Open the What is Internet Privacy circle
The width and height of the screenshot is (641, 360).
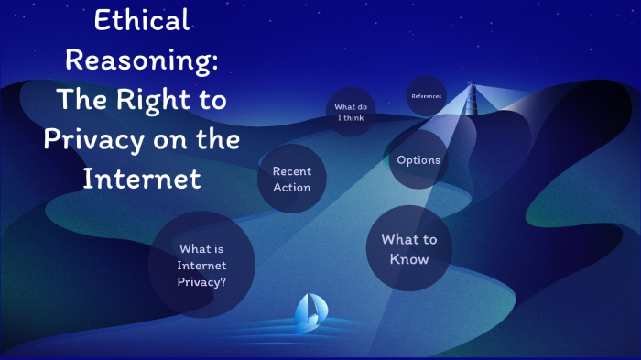click(201, 265)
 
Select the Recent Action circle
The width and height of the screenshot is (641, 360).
click(291, 180)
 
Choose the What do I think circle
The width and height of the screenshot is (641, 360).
click(351, 112)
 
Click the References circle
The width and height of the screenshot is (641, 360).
click(426, 95)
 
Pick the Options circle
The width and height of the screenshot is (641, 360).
click(418, 160)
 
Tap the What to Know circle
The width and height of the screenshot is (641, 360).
click(409, 248)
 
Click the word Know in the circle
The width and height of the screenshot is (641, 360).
click(409, 259)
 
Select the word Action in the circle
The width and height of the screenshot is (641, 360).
click(291, 188)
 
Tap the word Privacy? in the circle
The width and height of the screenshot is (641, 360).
click(201, 282)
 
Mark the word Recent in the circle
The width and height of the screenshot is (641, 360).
click(291, 171)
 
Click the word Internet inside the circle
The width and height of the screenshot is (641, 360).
click(201, 266)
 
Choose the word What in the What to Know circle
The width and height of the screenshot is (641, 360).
click(397, 240)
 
